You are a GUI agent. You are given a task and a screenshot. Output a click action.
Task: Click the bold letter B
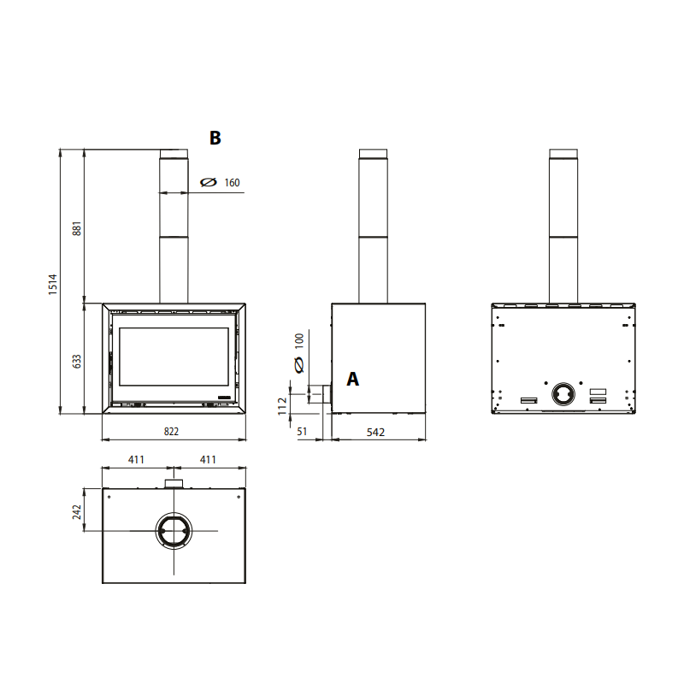click(x=215, y=138)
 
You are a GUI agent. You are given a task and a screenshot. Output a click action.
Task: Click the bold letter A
click(x=353, y=379)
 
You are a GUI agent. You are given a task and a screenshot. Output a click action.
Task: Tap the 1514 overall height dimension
click(x=53, y=285)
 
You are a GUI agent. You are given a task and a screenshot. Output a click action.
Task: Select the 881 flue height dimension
click(x=77, y=228)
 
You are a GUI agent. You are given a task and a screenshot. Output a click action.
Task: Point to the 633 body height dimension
click(x=77, y=361)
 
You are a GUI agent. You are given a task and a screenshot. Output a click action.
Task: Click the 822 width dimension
click(x=172, y=432)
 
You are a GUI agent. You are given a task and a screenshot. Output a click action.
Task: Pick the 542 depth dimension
click(x=375, y=433)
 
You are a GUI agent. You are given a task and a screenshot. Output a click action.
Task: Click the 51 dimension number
click(x=302, y=432)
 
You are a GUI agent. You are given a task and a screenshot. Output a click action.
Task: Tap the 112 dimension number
click(x=282, y=406)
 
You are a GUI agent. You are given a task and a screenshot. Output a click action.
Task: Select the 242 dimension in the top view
click(x=77, y=512)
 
